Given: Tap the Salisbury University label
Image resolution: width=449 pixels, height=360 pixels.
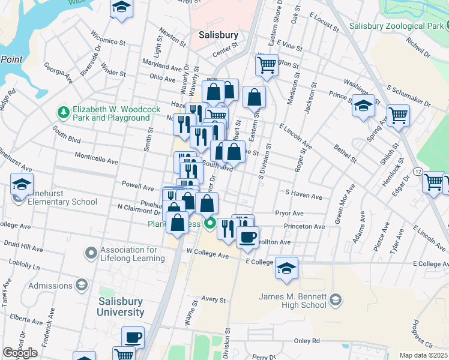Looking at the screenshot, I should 121,307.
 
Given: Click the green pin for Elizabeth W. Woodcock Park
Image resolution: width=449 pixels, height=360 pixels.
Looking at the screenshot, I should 63,112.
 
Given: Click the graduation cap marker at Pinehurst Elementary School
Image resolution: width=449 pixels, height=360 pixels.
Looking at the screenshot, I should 22,185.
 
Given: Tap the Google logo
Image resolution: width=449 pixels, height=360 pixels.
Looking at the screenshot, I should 20,353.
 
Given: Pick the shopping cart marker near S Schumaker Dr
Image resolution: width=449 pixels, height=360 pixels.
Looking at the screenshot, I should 398,115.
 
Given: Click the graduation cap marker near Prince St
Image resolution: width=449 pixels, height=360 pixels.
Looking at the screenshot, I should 363,106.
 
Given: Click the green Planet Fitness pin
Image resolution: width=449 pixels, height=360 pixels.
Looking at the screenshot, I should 209,224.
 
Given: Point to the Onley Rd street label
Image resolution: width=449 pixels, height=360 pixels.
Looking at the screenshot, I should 307,341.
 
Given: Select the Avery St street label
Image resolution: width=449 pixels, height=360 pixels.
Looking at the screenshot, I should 213,299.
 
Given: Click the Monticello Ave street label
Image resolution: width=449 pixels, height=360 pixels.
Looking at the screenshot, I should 96,160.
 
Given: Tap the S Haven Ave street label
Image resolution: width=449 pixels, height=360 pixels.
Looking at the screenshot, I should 304,195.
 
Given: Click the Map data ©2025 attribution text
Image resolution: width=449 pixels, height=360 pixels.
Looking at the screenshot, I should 424,355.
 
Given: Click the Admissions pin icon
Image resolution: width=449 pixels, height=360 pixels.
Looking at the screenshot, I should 50,286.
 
